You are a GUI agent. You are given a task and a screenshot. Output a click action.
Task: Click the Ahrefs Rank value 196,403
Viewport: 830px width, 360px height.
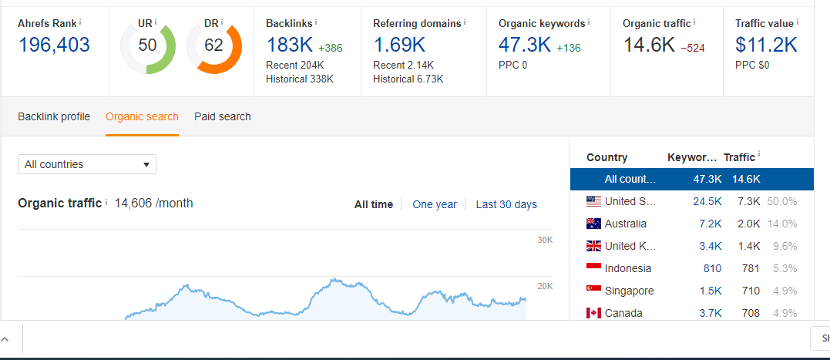(54, 45)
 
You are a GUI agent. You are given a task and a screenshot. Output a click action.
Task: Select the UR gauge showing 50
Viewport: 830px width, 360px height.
(148, 45)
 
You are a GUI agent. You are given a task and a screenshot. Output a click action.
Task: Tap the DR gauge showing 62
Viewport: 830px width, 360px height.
(213, 45)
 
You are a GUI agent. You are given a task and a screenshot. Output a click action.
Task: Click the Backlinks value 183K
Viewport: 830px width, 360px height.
(289, 45)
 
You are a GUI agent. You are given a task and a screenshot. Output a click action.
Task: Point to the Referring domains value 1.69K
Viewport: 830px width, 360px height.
(399, 45)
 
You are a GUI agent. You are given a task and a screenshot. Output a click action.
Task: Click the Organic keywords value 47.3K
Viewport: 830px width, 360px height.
(525, 45)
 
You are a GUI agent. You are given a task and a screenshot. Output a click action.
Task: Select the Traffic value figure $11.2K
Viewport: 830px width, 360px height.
(766, 45)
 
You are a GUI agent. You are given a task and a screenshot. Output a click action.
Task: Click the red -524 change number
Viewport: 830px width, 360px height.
(693, 48)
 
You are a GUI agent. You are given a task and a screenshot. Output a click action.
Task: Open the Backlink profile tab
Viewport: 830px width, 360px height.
(54, 116)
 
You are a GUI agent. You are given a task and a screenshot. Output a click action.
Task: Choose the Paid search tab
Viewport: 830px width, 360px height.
(223, 116)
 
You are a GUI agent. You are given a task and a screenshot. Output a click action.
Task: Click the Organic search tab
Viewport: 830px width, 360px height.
(142, 116)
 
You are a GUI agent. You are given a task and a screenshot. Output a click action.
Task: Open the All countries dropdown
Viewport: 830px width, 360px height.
(87, 164)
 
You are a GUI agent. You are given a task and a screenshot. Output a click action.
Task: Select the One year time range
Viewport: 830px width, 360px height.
(435, 204)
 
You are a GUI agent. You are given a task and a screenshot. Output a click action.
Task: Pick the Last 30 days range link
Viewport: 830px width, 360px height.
(506, 204)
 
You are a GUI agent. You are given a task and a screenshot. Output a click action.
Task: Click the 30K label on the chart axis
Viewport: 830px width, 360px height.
(545, 241)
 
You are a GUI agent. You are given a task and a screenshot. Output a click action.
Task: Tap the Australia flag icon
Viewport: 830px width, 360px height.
(593, 224)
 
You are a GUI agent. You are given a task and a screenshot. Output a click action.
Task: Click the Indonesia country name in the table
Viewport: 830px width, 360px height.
(628, 268)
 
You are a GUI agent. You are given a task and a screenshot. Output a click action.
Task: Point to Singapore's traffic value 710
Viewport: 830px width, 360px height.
(751, 291)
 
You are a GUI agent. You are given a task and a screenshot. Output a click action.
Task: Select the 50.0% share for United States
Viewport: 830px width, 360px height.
(782, 201)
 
